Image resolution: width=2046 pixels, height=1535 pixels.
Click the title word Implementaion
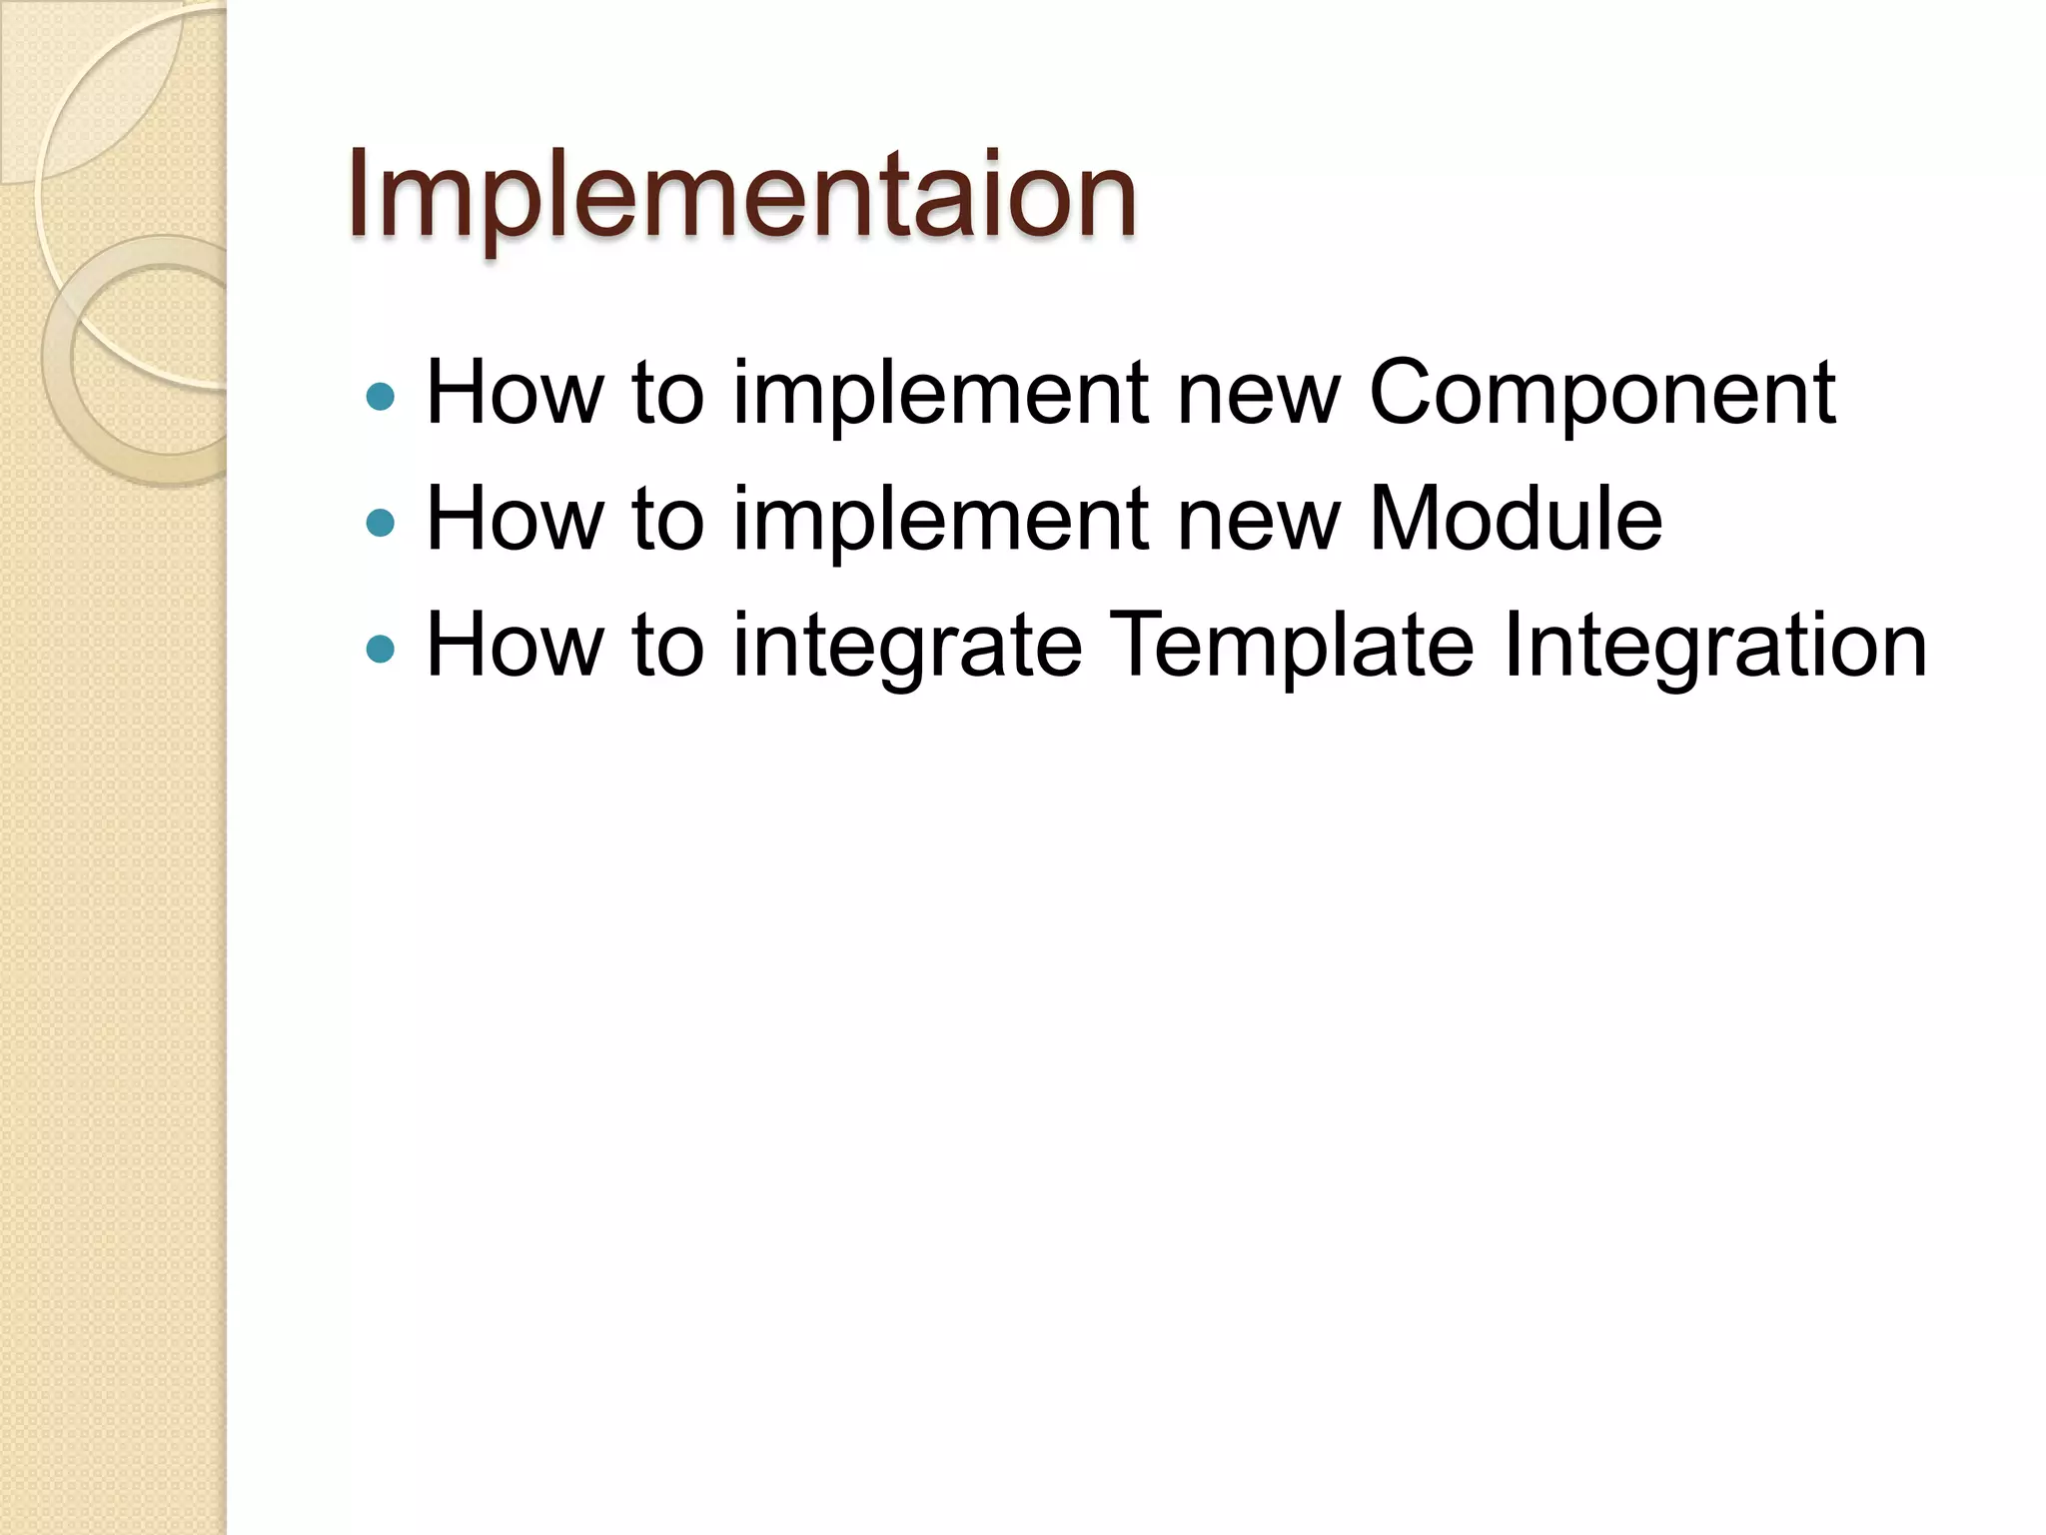tap(741, 195)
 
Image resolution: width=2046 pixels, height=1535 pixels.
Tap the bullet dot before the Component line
tap(381, 397)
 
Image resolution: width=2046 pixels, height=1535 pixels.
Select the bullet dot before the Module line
tap(381, 523)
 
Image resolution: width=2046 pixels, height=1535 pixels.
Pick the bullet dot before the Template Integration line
tap(381, 650)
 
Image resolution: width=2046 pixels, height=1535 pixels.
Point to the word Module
tap(1515, 519)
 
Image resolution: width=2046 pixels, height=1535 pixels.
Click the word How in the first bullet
tap(514, 393)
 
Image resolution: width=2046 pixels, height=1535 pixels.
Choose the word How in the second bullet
tap(514, 519)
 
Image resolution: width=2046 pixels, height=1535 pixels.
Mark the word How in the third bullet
tap(514, 646)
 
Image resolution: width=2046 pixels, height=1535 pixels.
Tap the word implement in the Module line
tap(941, 521)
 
